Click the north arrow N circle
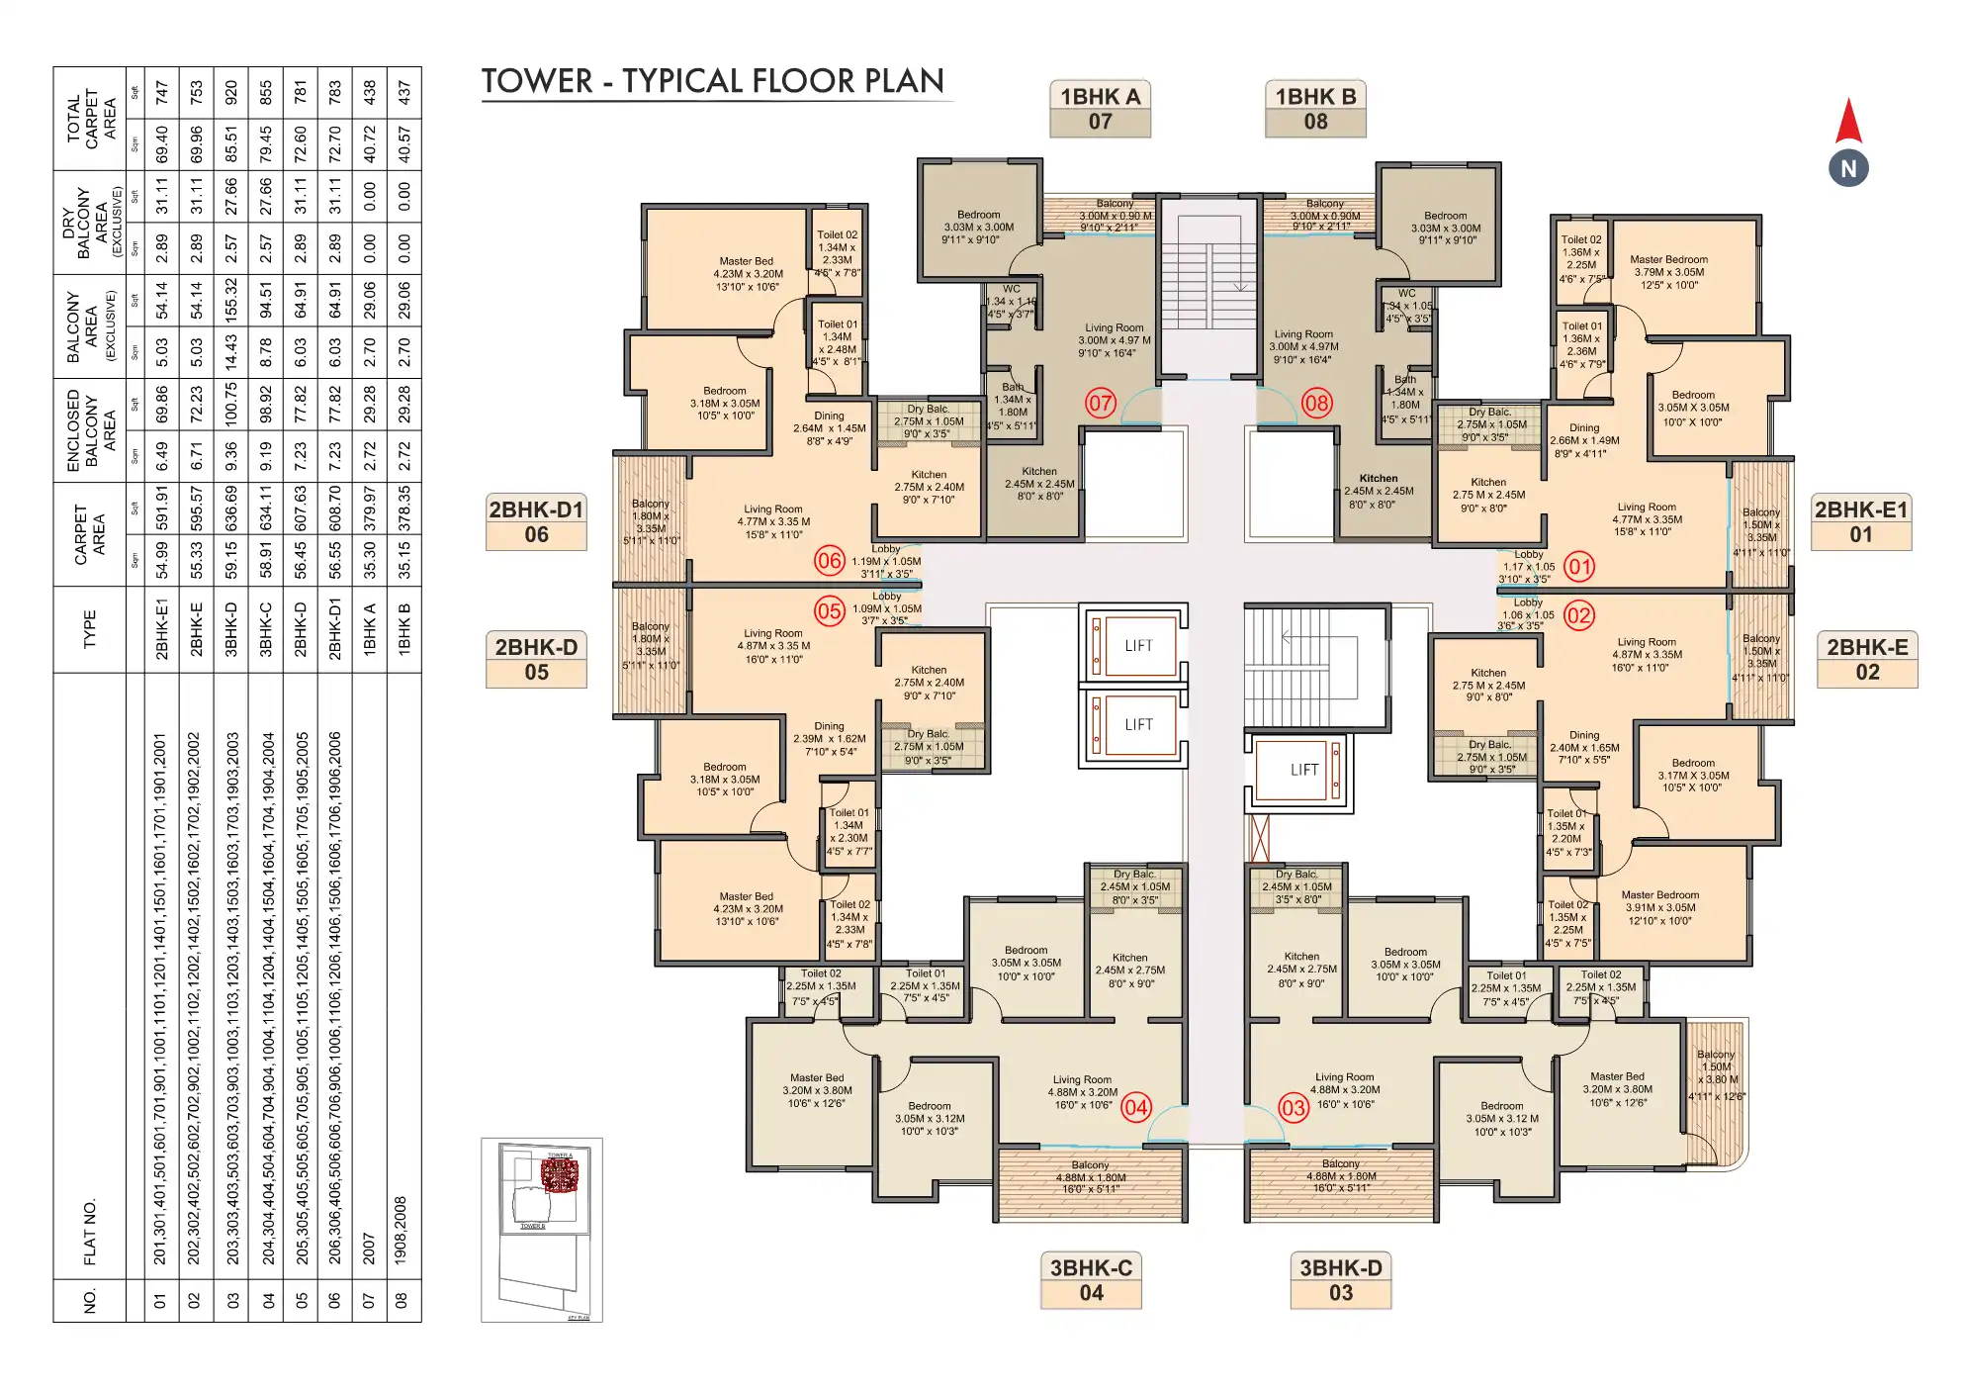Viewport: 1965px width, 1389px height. (x=1847, y=168)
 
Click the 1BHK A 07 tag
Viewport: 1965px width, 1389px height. (x=1100, y=109)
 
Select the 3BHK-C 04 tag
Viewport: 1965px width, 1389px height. (x=1091, y=1280)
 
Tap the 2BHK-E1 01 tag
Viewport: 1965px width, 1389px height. (x=1860, y=521)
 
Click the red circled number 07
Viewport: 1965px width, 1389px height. (x=1100, y=403)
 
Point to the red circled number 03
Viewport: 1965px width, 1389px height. (x=1294, y=1107)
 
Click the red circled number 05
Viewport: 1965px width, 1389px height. (x=830, y=610)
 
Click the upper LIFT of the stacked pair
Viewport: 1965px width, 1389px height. (x=1137, y=646)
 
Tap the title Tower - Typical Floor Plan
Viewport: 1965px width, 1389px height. (x=712, y=81)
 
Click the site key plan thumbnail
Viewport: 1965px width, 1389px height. (x=541, y=1228)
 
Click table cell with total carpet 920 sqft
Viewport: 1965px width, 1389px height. (x=231, y=93)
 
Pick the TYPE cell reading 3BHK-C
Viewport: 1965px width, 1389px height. (x=266, y=629)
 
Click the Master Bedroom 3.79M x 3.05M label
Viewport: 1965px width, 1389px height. (x=1668, y=272)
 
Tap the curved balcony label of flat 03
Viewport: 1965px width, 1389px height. (x=1716, y=1074)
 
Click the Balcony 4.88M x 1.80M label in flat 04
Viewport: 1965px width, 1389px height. (x=1090, y=1177)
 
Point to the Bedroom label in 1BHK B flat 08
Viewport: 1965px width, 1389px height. (x=1445, y=228)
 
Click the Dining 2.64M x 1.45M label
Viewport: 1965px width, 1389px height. (x=829, y=428)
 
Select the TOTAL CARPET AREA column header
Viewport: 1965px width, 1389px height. (x=90, y=119)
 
